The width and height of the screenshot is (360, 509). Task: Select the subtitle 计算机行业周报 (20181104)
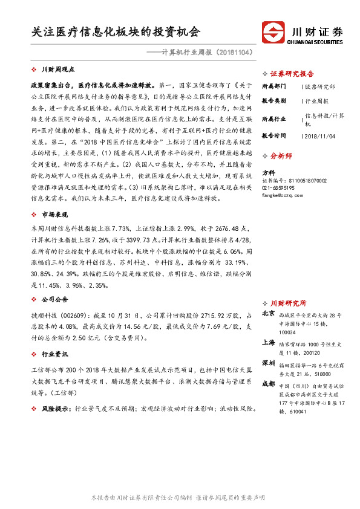[199, 53]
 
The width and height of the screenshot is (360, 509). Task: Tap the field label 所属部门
[273, 86]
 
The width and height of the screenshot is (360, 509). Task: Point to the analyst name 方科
[268, 172]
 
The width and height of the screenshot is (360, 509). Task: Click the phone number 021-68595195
[278, 188]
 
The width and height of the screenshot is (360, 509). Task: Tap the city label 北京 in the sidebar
[269, 314]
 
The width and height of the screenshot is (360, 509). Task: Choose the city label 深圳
[269, 362]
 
